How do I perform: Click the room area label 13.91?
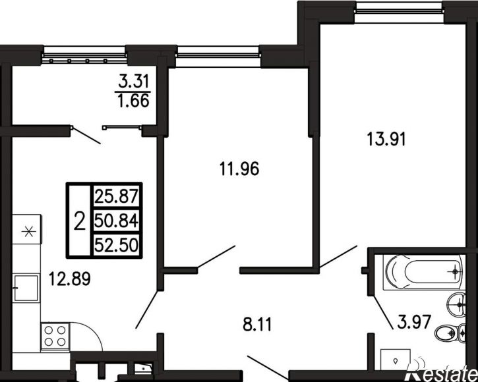(386, 140)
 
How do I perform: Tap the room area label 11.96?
(239, 169)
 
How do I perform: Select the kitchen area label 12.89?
(70, 279)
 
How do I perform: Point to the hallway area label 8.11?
(257, 325)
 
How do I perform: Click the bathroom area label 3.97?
(414, 323)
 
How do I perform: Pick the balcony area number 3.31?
(134, 81)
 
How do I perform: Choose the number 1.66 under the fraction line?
(134, 101)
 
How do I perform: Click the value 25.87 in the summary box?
(116, 196)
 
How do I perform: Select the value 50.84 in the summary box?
(116, 221)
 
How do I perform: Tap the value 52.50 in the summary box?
(116, 244)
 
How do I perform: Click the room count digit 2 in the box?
(80, 221)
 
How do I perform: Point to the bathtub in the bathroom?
(424, 272)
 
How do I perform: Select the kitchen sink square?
(26, 288)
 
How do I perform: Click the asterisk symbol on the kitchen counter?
(28, 232)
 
